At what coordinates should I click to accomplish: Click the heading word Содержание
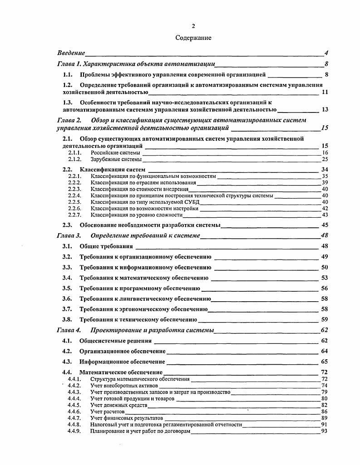pos(193,38)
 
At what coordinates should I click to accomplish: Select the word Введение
pos(71,53)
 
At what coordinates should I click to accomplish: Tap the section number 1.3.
pos(68,102)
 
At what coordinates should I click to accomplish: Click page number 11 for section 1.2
pos(325,92)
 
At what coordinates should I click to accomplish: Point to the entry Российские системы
pos(115,153)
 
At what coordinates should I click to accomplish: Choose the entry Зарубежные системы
pos(116,160)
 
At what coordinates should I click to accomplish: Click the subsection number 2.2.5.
pos(74,202)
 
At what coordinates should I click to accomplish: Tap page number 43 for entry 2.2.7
pos(325,215)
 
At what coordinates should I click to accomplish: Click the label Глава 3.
pos(69,235)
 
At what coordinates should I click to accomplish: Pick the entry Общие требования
pos(106,246)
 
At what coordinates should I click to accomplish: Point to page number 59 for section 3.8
pos(325,319)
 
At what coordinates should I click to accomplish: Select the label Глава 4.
pos(69,330)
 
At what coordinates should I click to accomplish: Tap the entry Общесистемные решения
pos(116,341)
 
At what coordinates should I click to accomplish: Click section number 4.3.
pos(68,362)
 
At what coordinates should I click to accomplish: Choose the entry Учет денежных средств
pos(119,405)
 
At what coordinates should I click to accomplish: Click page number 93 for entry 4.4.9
pos(324,431)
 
